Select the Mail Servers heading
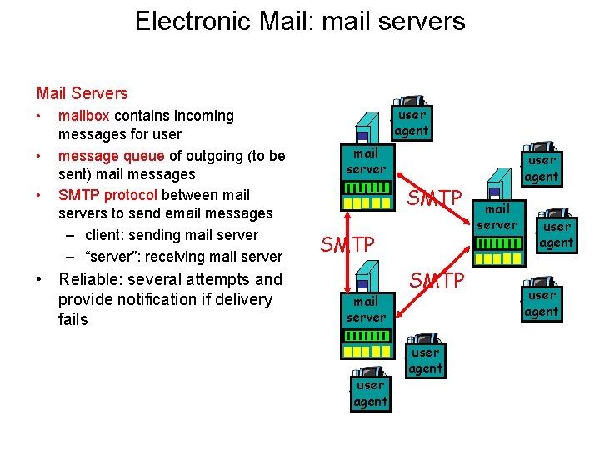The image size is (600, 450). [x=82, y=93]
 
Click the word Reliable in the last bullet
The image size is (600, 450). [x=92, y=279]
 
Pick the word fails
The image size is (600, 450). [x=72, y=319]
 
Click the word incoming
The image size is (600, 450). [x=200, y=116]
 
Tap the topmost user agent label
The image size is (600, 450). [x=412, y=122]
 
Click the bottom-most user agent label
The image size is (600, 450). [x=370, y=393]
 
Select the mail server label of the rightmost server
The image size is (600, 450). [x=497, y=217]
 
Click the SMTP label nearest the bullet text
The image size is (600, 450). [x=347, y=244]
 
